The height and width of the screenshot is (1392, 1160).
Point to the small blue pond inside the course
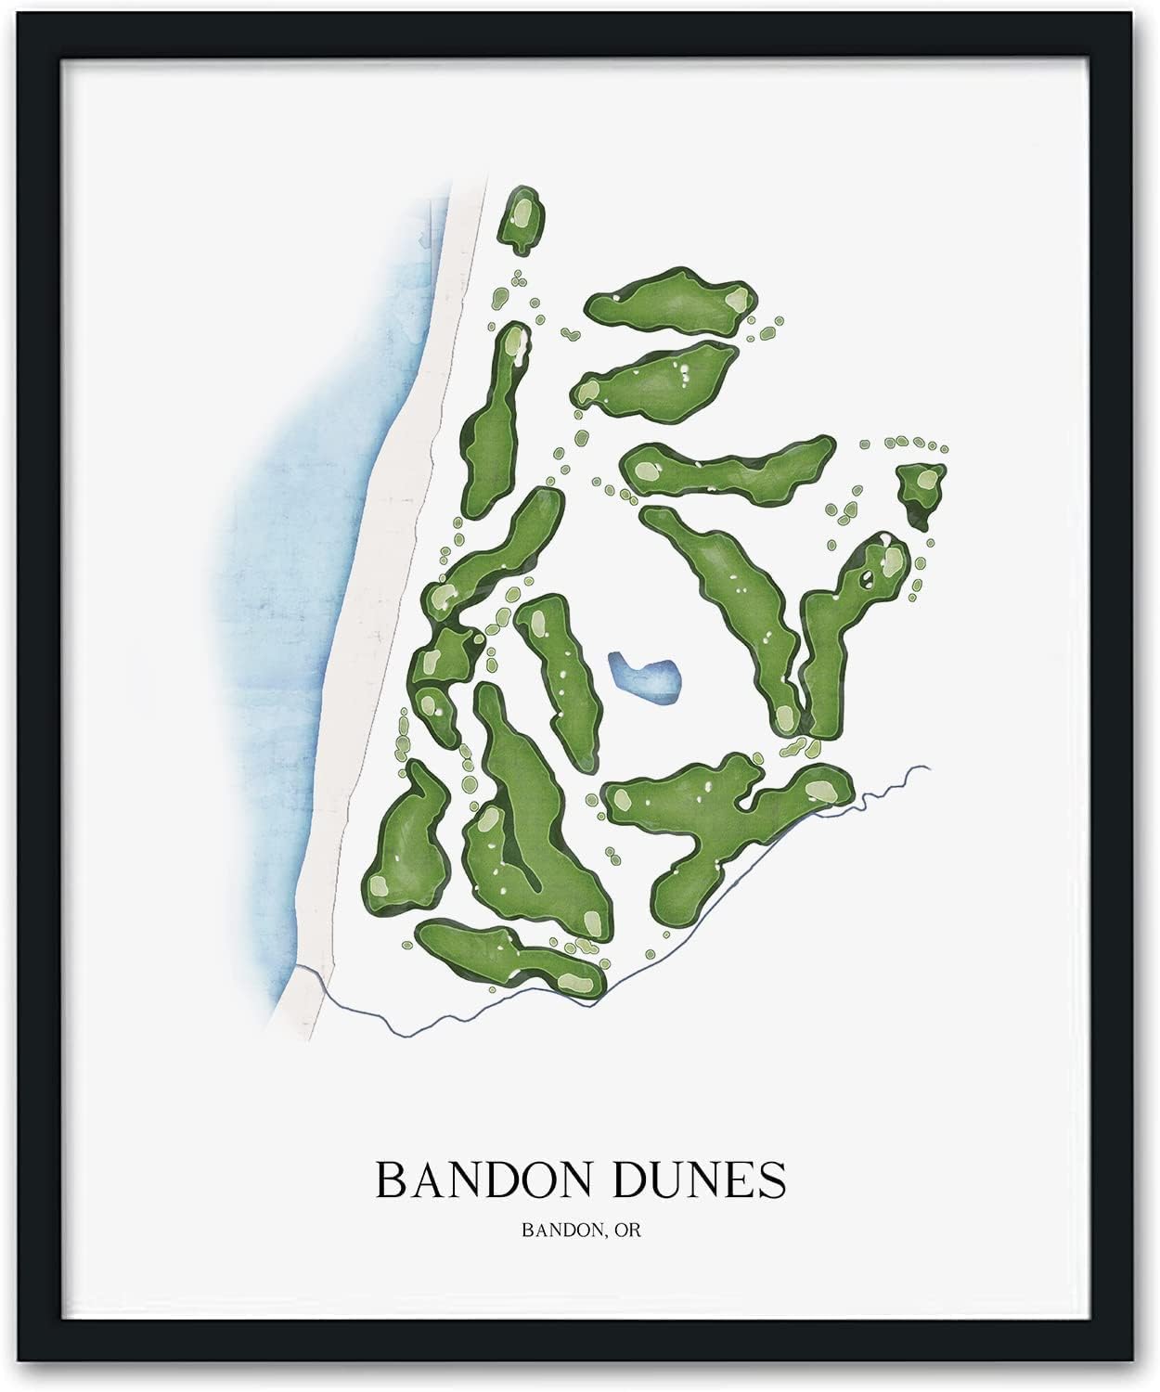pos(644,677)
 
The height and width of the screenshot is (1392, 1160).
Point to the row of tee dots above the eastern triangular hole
pos(914,445)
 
